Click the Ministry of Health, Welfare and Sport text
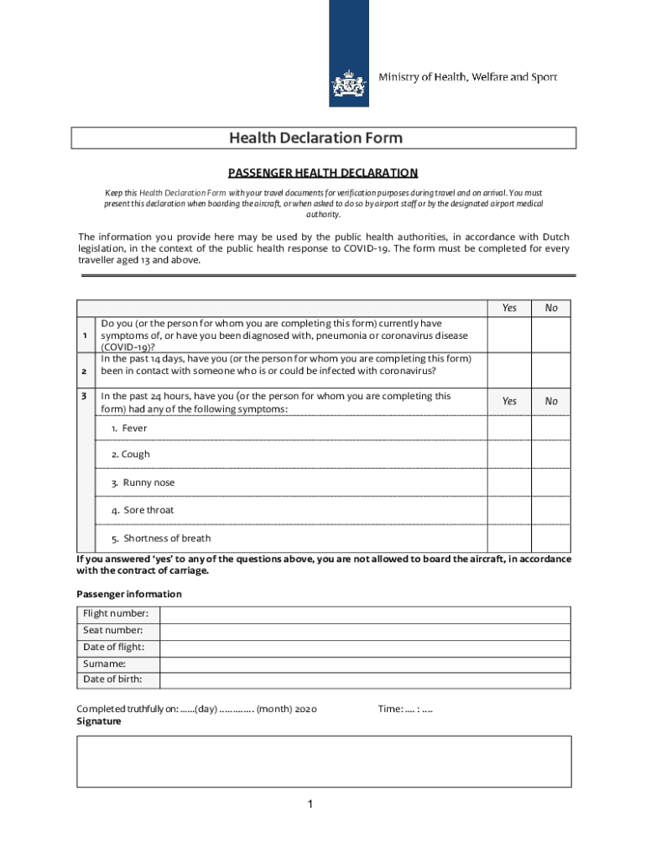[x=467, y=77]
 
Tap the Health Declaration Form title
[x=323, y=138]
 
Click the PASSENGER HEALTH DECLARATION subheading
[x=323, y=173]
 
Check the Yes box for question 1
[x=508, y=335]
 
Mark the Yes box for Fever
[x=508, y=428]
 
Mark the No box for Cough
[x=550, y=454]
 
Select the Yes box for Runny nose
[x=508, y=482]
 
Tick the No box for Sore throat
[x=550, y=510]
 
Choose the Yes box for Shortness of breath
[x=508, y=538]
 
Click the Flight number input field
[x=365, y=614]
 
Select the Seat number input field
[x=365, y=631]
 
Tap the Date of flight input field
[x=365, y=648]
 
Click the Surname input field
[x=365, y=664]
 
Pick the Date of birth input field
[x=365, y=679]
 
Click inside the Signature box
[x=323, y=762]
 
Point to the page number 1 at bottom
[x=309, y=805]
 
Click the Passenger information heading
[x=128, y=594]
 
